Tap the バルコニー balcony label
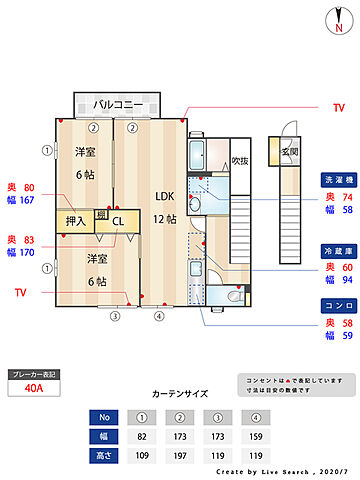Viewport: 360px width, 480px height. click(117, 104)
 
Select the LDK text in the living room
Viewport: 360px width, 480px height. click(164, 196)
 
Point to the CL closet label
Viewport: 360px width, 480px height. click(117, 221)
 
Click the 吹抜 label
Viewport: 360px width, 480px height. click(239, 160)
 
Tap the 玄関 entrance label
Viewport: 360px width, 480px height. click(289, 151)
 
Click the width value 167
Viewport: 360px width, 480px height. click(27, 201)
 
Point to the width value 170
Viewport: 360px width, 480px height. click(27, 253)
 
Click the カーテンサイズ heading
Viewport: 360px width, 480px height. click(180, 394)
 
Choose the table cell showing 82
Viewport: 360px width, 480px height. click(142, 437)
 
